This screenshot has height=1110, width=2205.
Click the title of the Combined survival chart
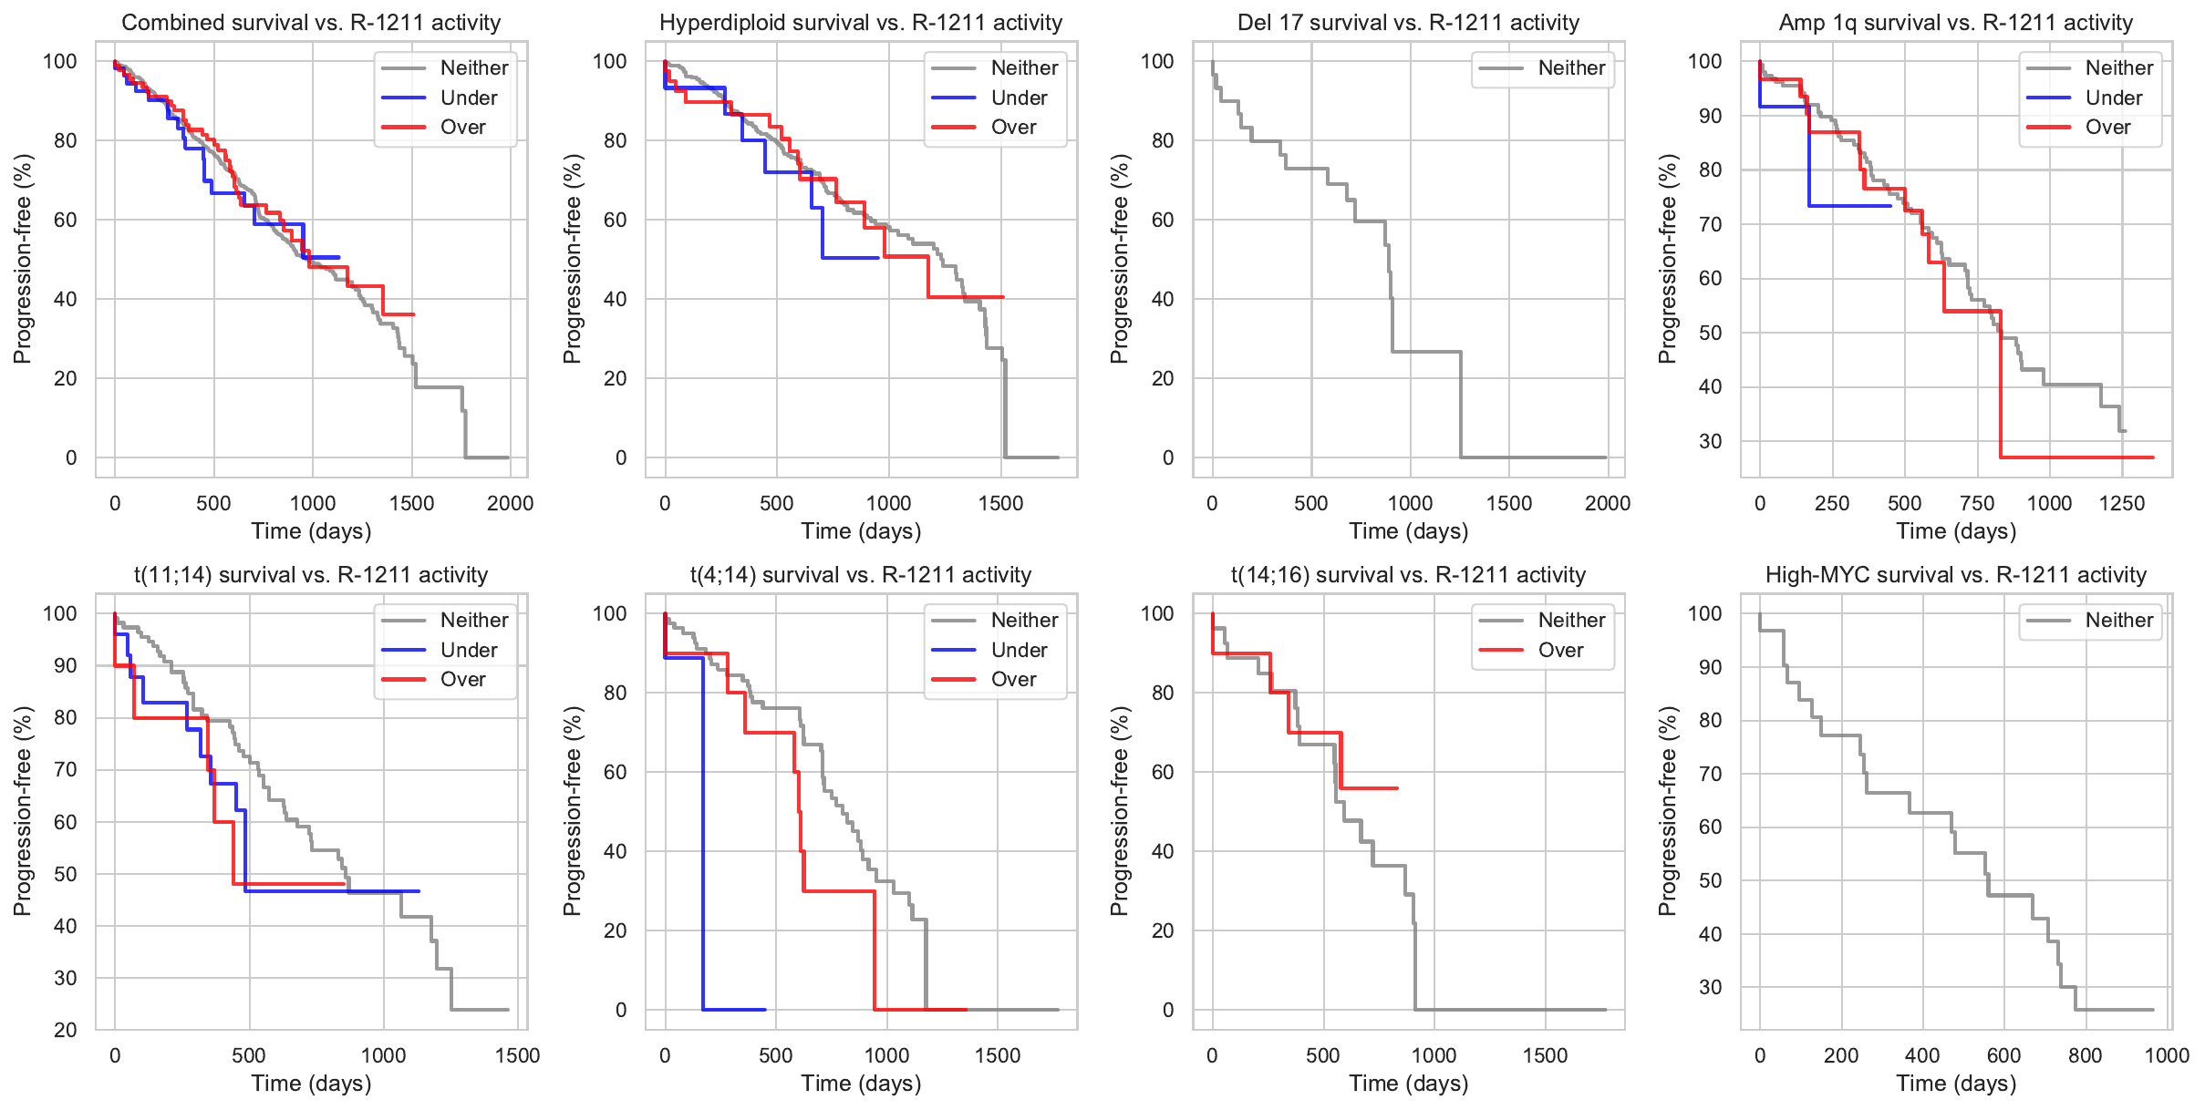311,23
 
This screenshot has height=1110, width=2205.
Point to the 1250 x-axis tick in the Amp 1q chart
2122,503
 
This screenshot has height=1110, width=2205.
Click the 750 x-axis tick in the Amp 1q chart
1977,503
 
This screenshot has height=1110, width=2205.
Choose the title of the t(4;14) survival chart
861,575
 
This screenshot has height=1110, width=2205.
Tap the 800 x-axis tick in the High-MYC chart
2085,1055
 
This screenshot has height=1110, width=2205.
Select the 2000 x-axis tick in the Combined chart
510,503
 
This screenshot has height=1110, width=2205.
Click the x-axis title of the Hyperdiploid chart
861,531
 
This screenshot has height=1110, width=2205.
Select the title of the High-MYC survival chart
1956,575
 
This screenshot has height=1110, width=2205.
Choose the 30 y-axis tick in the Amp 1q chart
1710,441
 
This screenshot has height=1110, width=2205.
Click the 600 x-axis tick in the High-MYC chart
2003,1055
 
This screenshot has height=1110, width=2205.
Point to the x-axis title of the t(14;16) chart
1408,1084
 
